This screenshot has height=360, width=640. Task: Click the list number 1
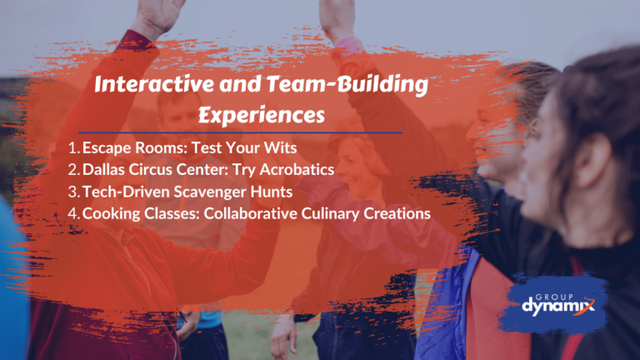coord(73,148)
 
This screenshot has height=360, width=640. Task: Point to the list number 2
coord(73,170)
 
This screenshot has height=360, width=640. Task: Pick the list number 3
coord(73,192)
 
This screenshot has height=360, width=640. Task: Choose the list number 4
coord(73,213)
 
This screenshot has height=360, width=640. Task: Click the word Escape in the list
coord(106,148)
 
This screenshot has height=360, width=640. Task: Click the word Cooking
coord(112,213)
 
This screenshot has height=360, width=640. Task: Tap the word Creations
coord(396,213)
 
